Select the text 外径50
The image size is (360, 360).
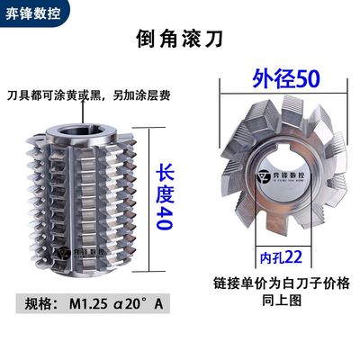pos(282,78)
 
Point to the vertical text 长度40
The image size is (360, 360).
pos(163,195)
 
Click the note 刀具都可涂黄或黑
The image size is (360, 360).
pos(49,94)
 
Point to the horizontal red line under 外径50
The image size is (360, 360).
pos(280,94)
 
